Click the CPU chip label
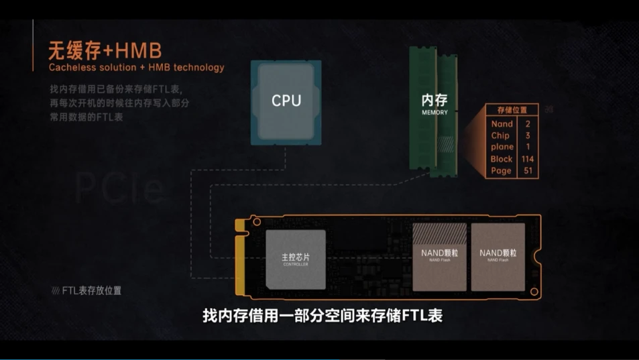tap(286, 101)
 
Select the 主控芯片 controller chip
tap(296, 259)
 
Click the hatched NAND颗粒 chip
tap(439, 257)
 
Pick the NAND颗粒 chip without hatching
tap(498, 256)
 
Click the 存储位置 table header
tap(512, 110)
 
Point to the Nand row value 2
tap(528, 124)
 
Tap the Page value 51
tap(526, 171)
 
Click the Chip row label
tap(500, 135)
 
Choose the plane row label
tap(502, 147)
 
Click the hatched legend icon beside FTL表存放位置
tap(55, 291)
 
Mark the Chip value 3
tap(528, 135)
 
